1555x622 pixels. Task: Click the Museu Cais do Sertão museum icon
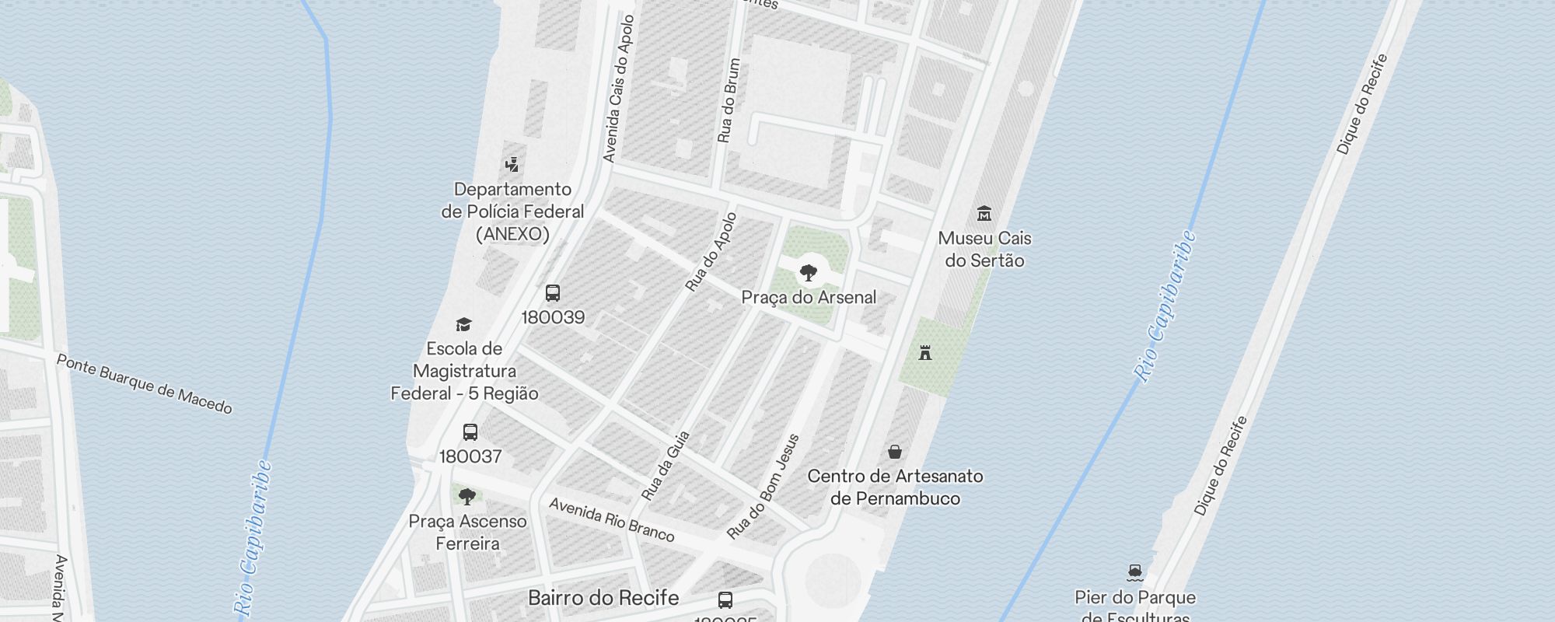click(984, 213)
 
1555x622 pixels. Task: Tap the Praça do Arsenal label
click(809, 297)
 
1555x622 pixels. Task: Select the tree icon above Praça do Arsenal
click(809, 273)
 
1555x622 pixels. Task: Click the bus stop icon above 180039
click(553, 293)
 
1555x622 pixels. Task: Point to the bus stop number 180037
click(470, 456)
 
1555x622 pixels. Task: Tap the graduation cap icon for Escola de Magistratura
click(463, 324)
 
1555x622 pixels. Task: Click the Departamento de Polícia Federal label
click(512, 211)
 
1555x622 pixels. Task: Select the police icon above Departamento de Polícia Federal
click(512, 164)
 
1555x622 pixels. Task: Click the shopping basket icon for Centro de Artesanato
click(895, 452)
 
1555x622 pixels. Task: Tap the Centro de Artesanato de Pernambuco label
click(895, 487)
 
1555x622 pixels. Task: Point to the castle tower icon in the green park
click(925, 353)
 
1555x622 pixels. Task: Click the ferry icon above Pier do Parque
click(1135, 573)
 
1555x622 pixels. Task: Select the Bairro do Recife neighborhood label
click(603, 598)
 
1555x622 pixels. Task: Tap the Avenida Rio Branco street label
click(612, 519)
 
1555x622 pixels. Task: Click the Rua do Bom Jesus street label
click(763, 487)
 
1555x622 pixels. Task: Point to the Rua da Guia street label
click(666, 466)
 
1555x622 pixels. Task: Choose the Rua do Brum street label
click(729, 101)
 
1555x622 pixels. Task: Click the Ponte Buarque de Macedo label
click(145, 384)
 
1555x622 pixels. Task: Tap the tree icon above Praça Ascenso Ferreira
click(467, 497)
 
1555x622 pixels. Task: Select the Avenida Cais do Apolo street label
click(619, 89)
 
